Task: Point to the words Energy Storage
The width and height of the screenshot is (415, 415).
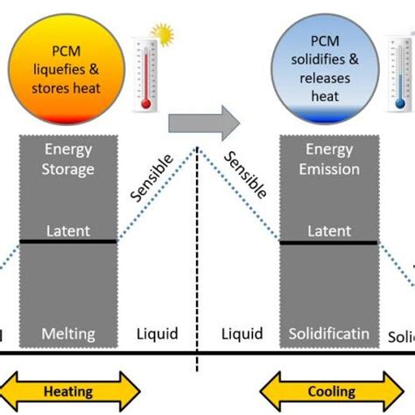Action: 67,162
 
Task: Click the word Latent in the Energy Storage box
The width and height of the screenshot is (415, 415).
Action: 67,231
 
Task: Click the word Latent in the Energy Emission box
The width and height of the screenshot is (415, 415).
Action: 328,231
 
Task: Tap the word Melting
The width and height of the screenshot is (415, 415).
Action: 67,334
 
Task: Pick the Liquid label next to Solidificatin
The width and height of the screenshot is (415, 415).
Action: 242,334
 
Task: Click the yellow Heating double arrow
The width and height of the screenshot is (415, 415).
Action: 68,391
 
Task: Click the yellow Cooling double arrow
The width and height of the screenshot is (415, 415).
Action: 331,391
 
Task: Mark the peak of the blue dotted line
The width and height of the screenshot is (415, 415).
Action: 199,147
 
